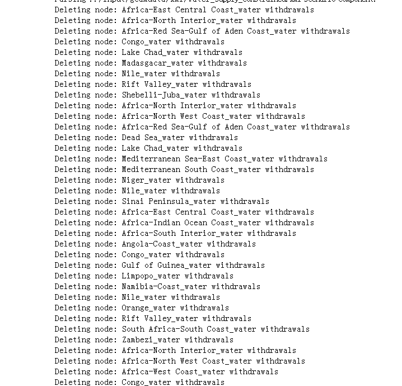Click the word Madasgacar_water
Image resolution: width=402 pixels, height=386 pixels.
click(157, 63)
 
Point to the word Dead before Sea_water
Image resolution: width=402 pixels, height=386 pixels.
click(130, 137)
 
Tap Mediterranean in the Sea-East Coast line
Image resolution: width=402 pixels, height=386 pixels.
click(151, 159)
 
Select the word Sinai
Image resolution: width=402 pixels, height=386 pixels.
click(133, 201)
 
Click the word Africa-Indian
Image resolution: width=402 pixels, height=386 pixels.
click(151, 222)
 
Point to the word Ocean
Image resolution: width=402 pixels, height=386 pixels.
click(195, 222)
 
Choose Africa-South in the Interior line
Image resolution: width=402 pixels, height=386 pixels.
click(148, 233)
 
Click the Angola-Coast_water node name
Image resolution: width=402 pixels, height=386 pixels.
click(162, 244)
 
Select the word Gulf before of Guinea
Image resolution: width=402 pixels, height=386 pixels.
click(130, 265)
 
